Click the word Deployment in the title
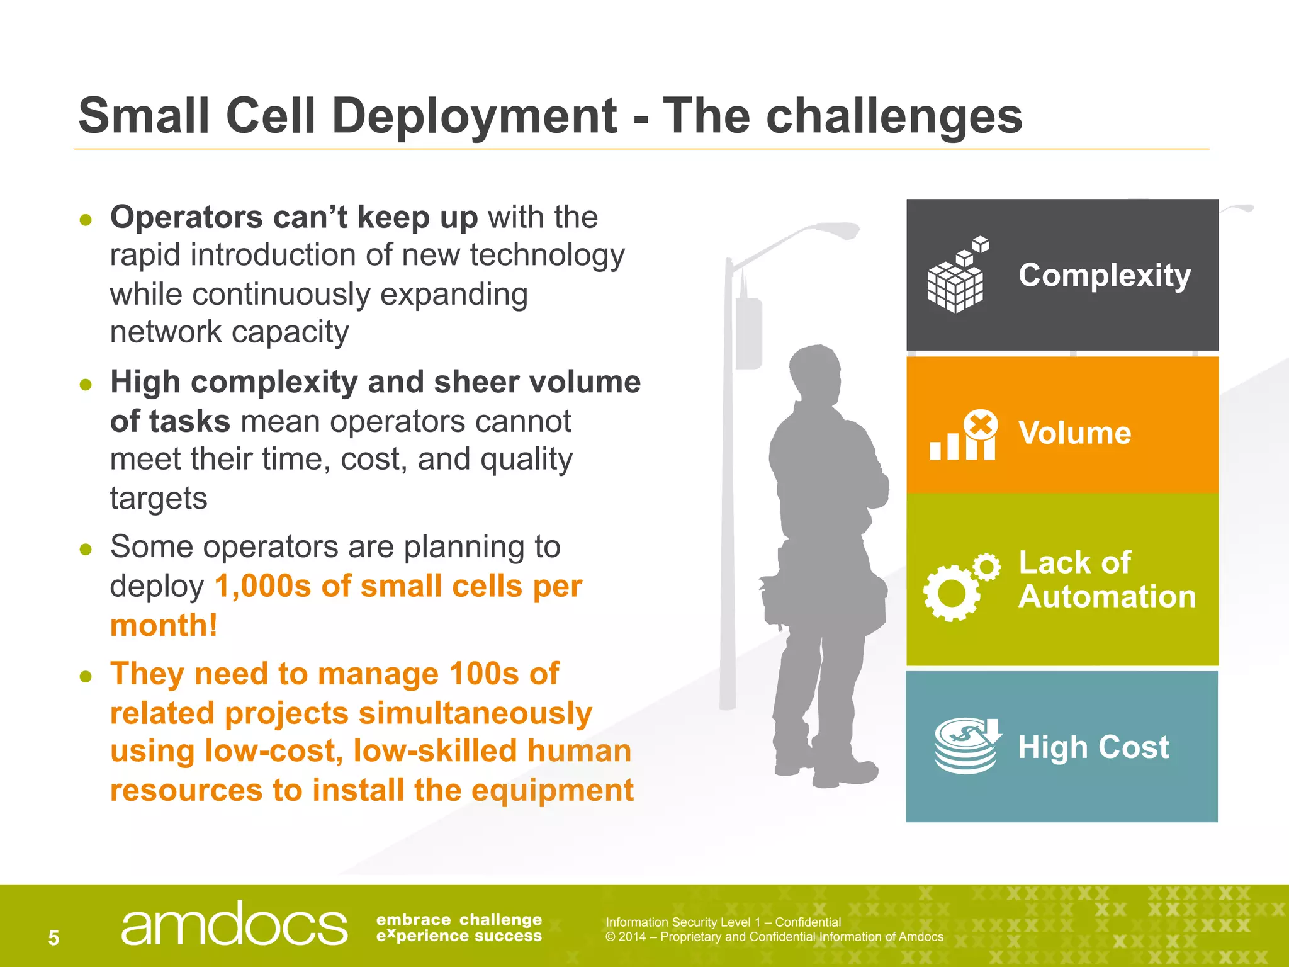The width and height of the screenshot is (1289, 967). (x=474, y=117)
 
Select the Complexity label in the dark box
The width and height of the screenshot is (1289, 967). (x=1105, y=276)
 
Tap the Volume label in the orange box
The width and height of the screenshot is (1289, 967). (x=1074, y=433)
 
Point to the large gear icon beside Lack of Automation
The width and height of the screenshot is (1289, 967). (x=951, y=592)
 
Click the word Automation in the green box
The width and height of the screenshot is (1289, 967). (x=1107, y=596)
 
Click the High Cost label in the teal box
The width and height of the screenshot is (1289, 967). (x=1093, y=747)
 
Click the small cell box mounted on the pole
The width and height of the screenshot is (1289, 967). (x=749, y=334)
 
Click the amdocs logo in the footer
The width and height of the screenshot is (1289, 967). (x=234, y=924)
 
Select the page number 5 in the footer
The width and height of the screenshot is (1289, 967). (x=54, y=938)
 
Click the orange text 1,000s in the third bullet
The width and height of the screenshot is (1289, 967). (x=262, y=586)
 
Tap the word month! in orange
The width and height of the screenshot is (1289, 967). (x=164, y=626)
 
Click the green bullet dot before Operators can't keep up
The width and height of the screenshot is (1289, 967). (x=86, y=220)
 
